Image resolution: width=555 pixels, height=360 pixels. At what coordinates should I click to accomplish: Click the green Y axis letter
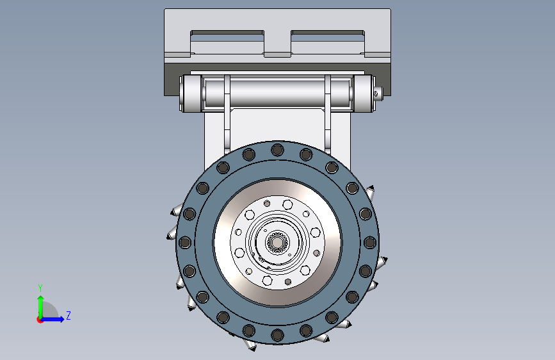pos(40,288)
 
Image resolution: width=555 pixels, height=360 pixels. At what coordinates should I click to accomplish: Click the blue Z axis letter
pos(68,315)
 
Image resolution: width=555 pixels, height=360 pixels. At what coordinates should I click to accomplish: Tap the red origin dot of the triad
pos(40,320)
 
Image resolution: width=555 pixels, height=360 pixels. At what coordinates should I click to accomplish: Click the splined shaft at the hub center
pos(277,242)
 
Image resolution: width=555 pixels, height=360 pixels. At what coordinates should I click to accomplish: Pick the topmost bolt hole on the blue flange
pos(278,150)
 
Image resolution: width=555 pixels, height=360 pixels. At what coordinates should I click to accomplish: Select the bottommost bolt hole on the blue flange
pos(278,335)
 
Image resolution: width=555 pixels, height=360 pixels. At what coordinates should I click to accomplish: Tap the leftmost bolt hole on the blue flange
pos(185,243)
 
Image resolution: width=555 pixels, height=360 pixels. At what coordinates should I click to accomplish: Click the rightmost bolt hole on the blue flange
pos(370,243)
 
